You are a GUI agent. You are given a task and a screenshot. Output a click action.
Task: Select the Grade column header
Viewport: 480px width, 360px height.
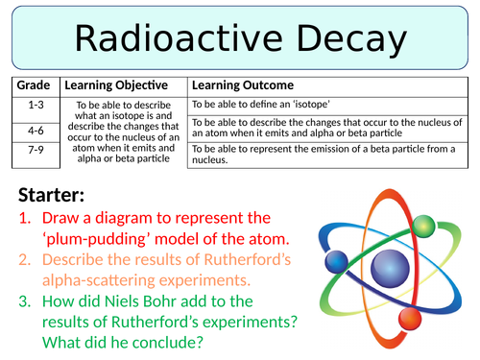click(x=35, y=85)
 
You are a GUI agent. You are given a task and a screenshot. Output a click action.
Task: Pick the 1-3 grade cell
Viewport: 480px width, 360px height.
click(x=35, y=105)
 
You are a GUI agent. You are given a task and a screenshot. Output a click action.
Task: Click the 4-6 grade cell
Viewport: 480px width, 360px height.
click(x=35, y=130)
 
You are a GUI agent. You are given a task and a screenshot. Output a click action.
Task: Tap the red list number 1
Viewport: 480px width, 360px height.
click(x=25, y=218)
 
